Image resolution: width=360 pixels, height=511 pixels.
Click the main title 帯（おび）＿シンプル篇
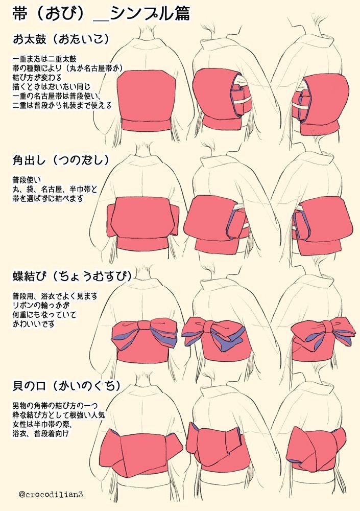coord(101,14)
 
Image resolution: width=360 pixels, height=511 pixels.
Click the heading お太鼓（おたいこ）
coord(61,39)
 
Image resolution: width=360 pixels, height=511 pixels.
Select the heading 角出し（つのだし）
coord(61,160)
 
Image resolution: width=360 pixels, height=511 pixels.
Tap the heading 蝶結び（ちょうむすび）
coord(73,276)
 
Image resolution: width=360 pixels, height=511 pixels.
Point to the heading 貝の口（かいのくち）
coord(67,386)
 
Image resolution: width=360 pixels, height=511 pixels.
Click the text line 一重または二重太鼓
coord(44,59)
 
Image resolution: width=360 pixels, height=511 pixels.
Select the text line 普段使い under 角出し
coord(27,180)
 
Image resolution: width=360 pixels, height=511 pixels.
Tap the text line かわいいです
coord(33,324)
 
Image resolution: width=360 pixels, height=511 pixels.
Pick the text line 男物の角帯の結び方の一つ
coord(55,406)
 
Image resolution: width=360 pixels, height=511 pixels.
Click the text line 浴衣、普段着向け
coord(41,433)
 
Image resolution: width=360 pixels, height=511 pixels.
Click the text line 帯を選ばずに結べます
coord(47,198)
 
